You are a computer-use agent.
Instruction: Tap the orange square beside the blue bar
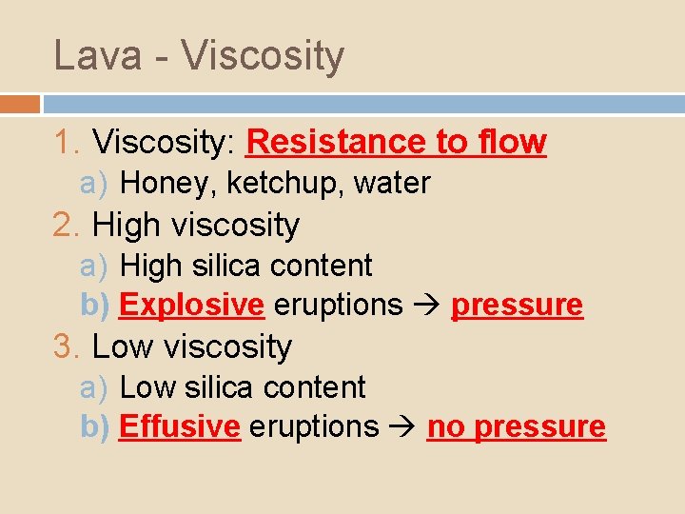coord(20,104)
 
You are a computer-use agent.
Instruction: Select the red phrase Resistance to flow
coord(396,142)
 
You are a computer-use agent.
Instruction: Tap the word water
coord(392,183)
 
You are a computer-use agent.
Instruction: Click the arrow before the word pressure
coord(426,305)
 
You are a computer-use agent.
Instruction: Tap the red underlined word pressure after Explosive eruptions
coord(517,305)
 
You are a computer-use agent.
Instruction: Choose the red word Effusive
coord(180,426)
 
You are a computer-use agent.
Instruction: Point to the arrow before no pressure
coord(402,426)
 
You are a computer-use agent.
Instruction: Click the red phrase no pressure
coord(516,426)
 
